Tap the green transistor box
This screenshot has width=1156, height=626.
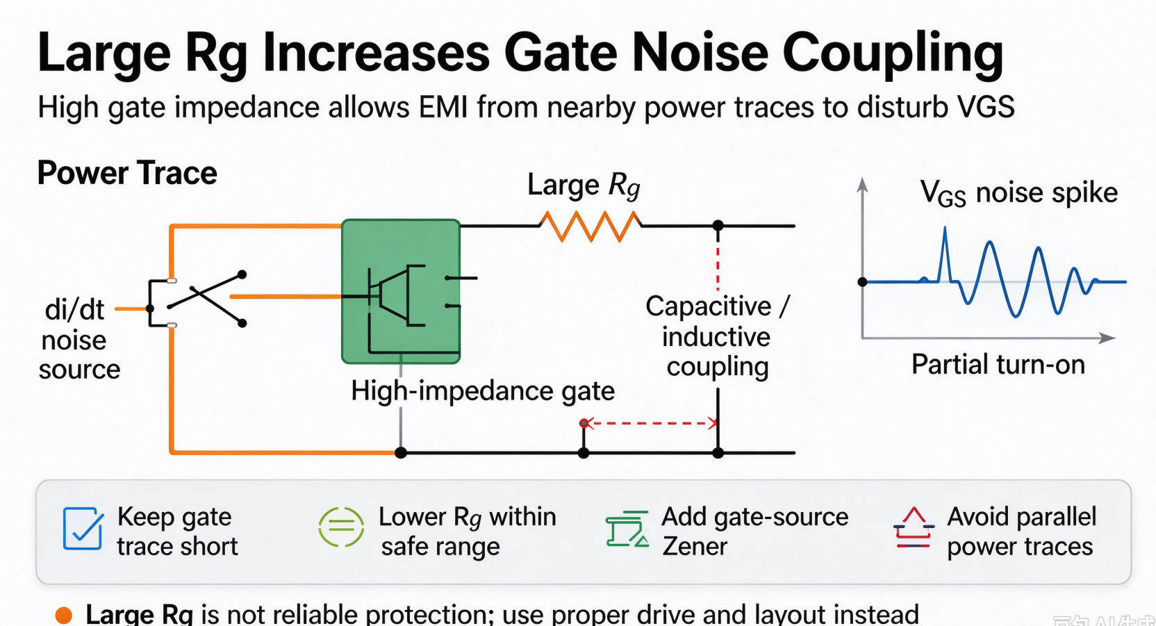pyautogui.click(x=401, y=292)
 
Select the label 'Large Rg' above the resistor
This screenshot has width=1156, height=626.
pyautogui.click(x=584, y=186)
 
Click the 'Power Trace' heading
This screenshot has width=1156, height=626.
pyautogui.click(x=127, y=173)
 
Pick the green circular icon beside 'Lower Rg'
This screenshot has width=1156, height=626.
pyautogui.click(x=341, y=527)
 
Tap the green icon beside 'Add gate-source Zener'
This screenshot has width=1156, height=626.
pyautogui.click(x=627, y=529)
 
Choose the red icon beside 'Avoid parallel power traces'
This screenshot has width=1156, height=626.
pyautogui.click(x=914, y=527)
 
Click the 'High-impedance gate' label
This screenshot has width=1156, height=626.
pyautogui.click(x=483, y=391)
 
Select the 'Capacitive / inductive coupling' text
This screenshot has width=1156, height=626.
pyautogui.click(x=718, y=336)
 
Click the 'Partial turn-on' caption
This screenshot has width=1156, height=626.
pyautogui.click(x=998, y=364)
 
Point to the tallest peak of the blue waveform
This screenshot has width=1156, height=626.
pyautogui.click(x=945, y=227)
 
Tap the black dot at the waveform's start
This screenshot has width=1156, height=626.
pyautogui.click(x=862, y=282)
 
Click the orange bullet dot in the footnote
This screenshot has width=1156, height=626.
pyautogui.click(x=63, y=615)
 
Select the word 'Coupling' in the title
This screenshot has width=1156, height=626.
pyautogui.click(x=893, y=53)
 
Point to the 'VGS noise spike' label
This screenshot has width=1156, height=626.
pyautogui.click(x=1019, y=194)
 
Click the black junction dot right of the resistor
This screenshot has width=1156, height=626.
pyautogui.click(x=718, y=226)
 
